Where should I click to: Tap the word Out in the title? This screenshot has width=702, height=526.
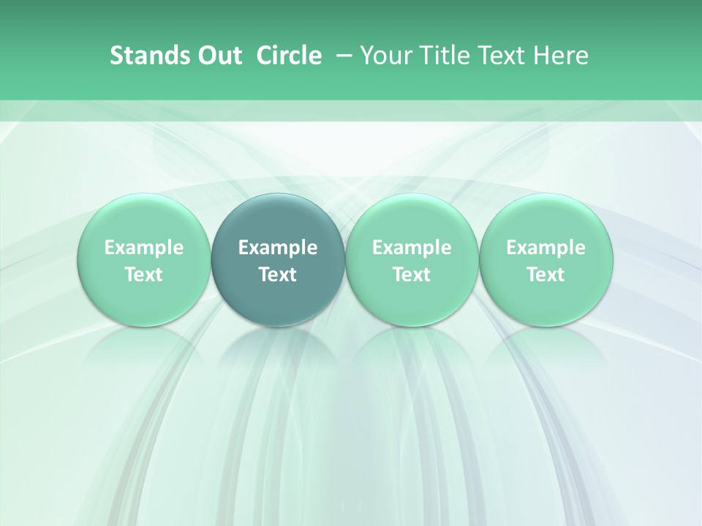[x=217, y=56]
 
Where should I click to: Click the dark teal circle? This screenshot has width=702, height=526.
[x=278, y=292]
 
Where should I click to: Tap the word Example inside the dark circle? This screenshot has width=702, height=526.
[x=278, y=248]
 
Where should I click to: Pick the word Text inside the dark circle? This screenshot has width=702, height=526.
[x=278, y=275]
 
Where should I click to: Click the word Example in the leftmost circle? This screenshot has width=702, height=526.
[x=143, y=248]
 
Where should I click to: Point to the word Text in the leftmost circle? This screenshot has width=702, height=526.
[x=143, y=275]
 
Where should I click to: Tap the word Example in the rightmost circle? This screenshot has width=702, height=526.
[x=546, y=248]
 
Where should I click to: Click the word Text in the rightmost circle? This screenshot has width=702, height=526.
[x=546, y=275]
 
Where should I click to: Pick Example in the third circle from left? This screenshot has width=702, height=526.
[x=412, y=248]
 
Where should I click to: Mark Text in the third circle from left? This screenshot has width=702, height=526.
[x=412, y=275]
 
